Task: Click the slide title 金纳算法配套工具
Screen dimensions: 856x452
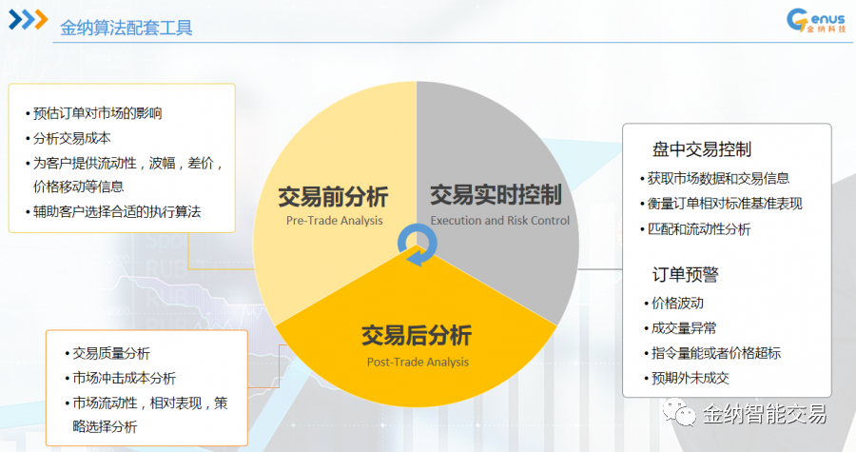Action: tap(126, 28)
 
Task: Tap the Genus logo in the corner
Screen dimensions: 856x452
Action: tap(816, 21)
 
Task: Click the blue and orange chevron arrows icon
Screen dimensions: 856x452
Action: tap(29, 20)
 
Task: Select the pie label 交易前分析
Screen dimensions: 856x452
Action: tap(333, 197)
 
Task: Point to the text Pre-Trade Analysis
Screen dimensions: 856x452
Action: tap(334, 221)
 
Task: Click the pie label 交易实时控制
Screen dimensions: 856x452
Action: tap(496, 195)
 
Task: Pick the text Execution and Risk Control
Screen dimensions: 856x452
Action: tap(499, 221)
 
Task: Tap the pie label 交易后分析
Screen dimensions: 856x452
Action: tap(417, 335)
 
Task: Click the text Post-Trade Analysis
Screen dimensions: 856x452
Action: tap(418, 362)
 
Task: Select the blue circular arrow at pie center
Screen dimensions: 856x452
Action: tap(418, 246)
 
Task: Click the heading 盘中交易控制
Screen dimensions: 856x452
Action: tap(702, 149)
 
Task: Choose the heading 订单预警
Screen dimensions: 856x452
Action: tap(685, 274)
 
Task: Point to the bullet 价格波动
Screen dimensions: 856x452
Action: tap(673, 303)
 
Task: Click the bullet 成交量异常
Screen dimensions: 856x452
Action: tap(680, 328)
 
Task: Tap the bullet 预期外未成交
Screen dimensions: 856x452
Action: tap(686, 378)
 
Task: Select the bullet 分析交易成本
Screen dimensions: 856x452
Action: tap(68, 138)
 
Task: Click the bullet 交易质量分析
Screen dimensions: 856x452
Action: tap(107, 353)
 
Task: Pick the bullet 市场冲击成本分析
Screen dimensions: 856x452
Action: tap(120, 378)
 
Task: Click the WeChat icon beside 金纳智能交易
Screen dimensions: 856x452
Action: tap(679, 412)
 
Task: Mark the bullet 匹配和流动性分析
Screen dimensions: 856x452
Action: tap(695, 228)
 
